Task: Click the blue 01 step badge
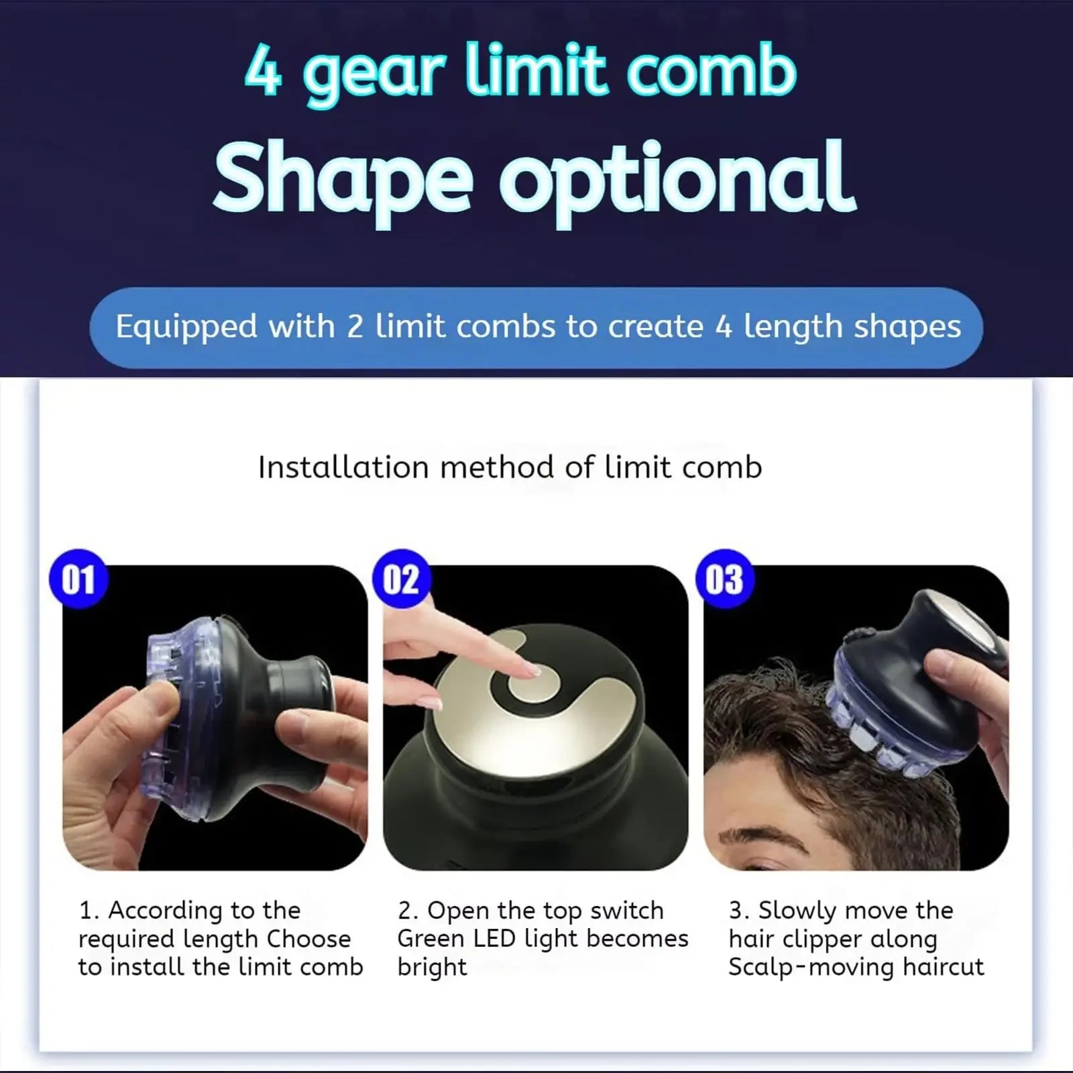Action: pos(78,579)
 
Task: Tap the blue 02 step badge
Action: pos(401,579)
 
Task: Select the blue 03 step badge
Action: pos(724,579)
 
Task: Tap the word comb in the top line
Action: pos(712,70)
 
